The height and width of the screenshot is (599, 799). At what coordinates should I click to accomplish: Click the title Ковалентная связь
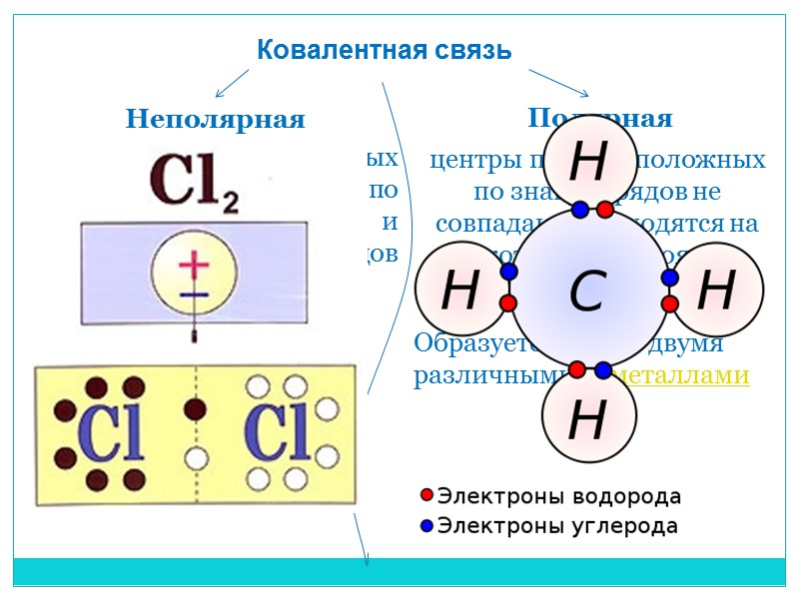click(x=385, y=49)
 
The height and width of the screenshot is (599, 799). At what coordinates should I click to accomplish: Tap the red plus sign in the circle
click(x=195, y=267)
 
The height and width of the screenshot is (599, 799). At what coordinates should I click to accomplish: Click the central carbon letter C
click(x=587, y=293)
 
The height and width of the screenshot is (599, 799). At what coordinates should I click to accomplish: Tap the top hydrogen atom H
click(x=587, y=163)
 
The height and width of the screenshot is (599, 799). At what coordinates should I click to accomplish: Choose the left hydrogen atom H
click(x=458, y=292)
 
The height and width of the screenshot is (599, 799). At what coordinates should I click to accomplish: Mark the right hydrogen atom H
click(x=716, y=291)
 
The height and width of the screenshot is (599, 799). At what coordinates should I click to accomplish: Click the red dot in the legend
click(x=426, y=496)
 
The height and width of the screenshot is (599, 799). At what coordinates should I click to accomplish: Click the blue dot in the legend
click(x=426, y=525)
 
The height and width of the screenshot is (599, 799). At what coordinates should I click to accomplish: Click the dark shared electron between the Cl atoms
click(x=196, y=409)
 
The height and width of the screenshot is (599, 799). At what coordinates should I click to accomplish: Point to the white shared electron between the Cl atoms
click(x=196, y=459)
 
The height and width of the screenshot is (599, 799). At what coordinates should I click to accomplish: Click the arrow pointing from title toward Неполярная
click(x=232, y=82)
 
